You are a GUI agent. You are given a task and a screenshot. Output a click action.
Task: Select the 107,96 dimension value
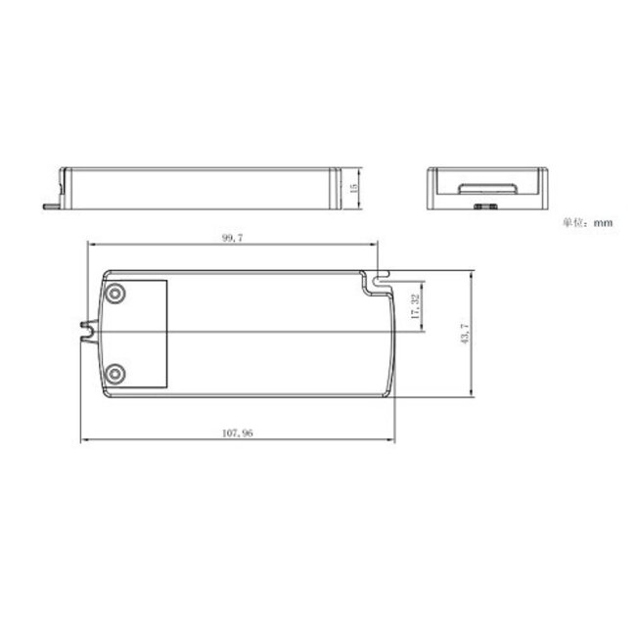pyautogui.click(x=238, y=433)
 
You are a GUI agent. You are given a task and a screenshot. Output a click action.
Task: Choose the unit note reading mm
pyautogui.click(x=602, y=223)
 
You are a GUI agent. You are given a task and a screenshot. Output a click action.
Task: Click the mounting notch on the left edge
pyautogui.click(x=91, y=333)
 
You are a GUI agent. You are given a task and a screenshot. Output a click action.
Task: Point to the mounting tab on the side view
pyautogui.click(x=52, y=204)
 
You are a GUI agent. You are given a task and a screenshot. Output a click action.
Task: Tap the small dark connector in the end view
pyautogui.click(x=482, y=205)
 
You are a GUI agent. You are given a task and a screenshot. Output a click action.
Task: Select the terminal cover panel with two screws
pyautogui.click(x=137, y=333)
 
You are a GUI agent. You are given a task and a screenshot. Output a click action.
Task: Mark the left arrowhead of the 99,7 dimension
pyautogui.click(x=91, y=245)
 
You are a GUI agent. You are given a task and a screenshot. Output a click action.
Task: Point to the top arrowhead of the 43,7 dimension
pyautogui.click(x=473, y=275)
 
